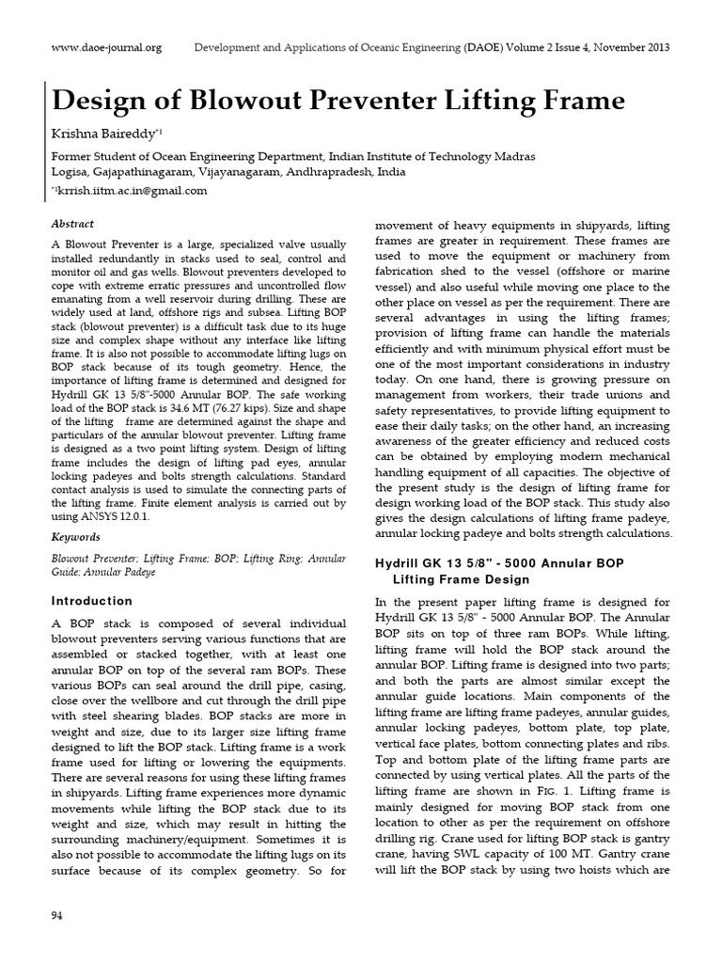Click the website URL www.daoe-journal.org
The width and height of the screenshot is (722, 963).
[106, 47]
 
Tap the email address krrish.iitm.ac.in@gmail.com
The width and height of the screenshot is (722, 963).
[133, 190]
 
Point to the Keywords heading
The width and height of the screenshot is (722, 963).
[75, 537]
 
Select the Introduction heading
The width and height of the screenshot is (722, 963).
[92, 601]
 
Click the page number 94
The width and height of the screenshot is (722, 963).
[56, 914]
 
